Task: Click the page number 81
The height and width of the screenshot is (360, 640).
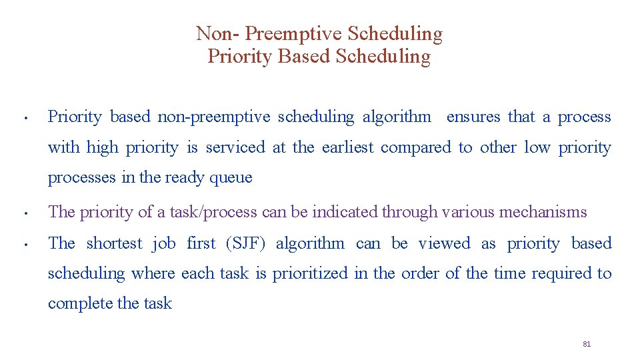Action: [587, 344]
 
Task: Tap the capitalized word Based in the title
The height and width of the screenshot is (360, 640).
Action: [305, 57]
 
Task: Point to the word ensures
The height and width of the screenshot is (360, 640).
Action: [473, 117]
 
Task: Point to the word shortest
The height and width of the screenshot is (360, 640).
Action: [115, 244]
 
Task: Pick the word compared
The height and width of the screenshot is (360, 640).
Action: [416, 147]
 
